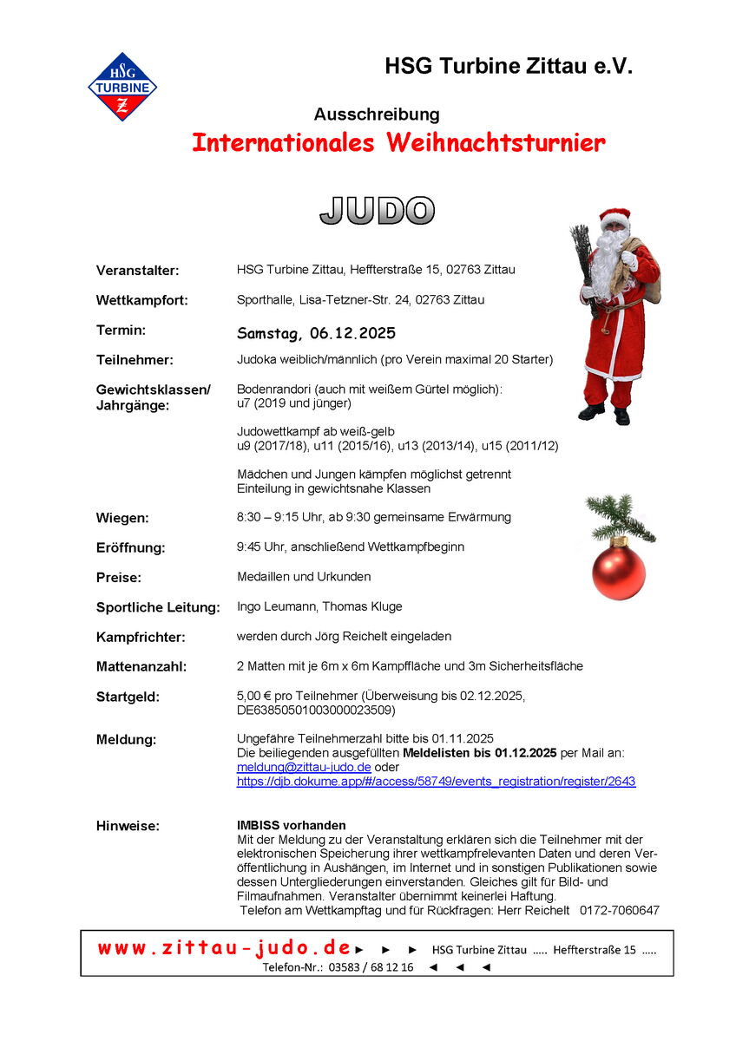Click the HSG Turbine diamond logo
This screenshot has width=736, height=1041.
(122, 87)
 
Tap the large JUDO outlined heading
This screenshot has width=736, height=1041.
(378, 211)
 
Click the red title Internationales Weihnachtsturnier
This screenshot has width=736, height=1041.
(398, 143)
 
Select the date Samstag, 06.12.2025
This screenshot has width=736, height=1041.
(316, 334)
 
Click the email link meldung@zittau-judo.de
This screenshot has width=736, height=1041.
(304, 768)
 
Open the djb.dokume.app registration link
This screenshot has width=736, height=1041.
(436, 782)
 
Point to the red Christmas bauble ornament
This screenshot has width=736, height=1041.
(618, 568)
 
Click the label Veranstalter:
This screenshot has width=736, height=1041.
(137, 271)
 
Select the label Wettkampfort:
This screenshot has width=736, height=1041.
(141, 301)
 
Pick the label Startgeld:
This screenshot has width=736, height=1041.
(128, 697)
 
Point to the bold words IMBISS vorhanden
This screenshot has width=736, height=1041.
(291, 826)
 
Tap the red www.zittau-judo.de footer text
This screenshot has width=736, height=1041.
(224, 948)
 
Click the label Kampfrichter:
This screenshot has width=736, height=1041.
(141, 638)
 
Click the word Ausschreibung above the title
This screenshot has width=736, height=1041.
(377, 115)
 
